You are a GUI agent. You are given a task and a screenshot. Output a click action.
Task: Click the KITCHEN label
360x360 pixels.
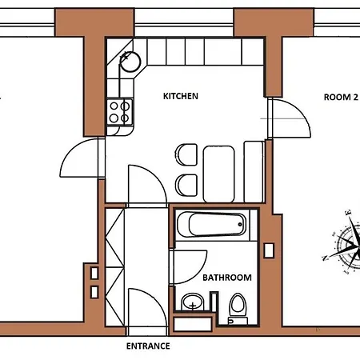click(181, 96)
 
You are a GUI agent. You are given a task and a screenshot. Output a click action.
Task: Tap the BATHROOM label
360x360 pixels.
click(227, 278)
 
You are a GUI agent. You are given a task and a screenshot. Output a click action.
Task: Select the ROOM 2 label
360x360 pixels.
click(341, 97)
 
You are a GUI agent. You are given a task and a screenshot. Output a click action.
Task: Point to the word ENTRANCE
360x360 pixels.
click(148, 346)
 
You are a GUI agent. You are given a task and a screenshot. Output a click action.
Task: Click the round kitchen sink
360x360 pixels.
click(130, 62)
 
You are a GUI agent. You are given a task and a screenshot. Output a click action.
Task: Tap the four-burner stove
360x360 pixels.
click(119, 112)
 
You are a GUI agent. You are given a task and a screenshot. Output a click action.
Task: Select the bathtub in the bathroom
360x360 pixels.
click(212, 225)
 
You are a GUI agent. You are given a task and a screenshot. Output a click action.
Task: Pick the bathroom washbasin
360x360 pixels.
click(193, 302)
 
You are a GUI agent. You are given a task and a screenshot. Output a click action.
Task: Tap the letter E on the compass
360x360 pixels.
click(348, 213)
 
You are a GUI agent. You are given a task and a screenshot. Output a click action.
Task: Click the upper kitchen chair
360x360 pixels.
click(186, 155)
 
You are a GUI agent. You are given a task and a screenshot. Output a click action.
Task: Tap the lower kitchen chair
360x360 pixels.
click(186, 186)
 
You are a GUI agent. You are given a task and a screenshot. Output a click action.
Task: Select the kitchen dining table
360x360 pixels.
click(218, 174)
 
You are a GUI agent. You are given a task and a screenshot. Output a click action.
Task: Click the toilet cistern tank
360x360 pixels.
click(238, 321)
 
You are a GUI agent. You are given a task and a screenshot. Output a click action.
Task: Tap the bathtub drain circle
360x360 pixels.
click(240, 224)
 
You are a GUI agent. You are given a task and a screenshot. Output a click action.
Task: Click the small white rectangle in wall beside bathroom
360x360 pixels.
click(269, 250)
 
